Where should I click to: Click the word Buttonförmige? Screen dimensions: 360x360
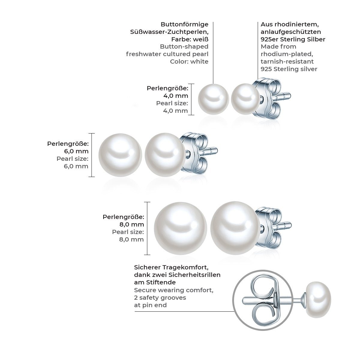184,25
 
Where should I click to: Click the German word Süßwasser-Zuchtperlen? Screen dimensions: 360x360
181,32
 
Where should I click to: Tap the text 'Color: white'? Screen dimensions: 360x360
189,61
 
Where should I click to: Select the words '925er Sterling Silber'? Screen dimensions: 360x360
293,39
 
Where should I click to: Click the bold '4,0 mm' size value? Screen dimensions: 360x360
176,96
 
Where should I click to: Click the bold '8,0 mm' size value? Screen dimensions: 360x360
132,224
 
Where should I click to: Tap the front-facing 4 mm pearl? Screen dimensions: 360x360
214,99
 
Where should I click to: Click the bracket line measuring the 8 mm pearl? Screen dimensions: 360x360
148,228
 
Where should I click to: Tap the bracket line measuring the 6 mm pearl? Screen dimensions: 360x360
92,155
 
